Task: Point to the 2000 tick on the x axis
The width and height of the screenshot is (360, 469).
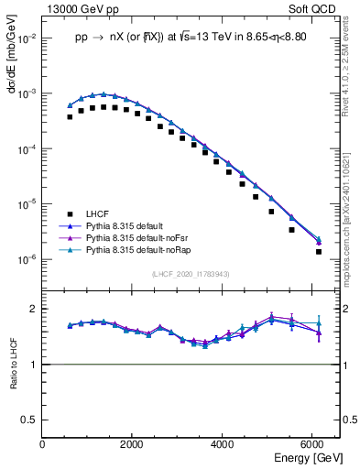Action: (132, 444)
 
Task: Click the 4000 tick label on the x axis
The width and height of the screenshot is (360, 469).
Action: (222, 444)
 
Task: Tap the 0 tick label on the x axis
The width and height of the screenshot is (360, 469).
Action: (43, 444)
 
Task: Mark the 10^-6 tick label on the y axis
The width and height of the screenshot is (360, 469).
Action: (25, 259)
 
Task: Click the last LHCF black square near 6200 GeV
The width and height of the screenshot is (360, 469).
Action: (319, 251)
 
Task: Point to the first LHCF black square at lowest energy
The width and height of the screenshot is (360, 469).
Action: (70, 117)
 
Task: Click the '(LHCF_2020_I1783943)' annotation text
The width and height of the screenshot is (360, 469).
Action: (191, 274)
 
